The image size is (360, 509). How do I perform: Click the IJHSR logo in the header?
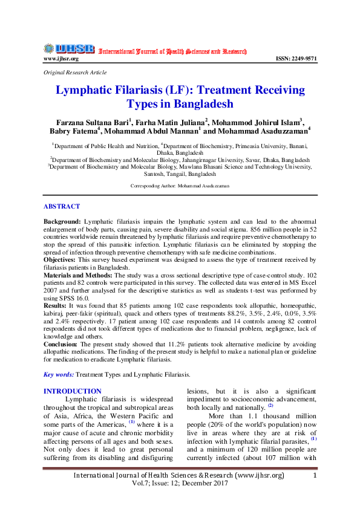69,48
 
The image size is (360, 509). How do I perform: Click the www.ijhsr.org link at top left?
61,59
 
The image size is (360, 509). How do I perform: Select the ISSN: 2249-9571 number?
296,59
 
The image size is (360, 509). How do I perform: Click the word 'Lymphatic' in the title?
87,91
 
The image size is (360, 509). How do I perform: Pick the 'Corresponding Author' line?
180,186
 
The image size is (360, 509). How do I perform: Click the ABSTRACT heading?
61,206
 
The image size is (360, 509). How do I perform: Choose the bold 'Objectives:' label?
60,259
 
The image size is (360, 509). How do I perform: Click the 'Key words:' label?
58,375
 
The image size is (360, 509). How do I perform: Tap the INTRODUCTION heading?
73,391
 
